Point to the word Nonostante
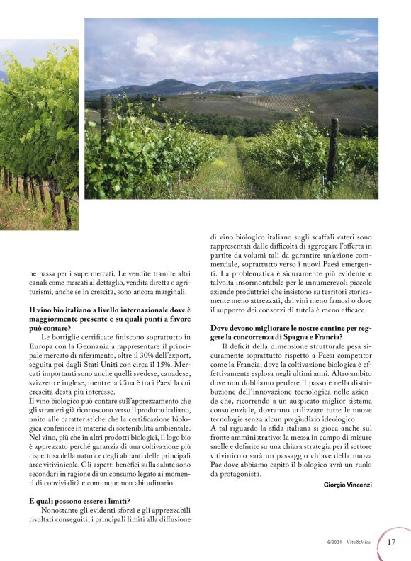(64, 510)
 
